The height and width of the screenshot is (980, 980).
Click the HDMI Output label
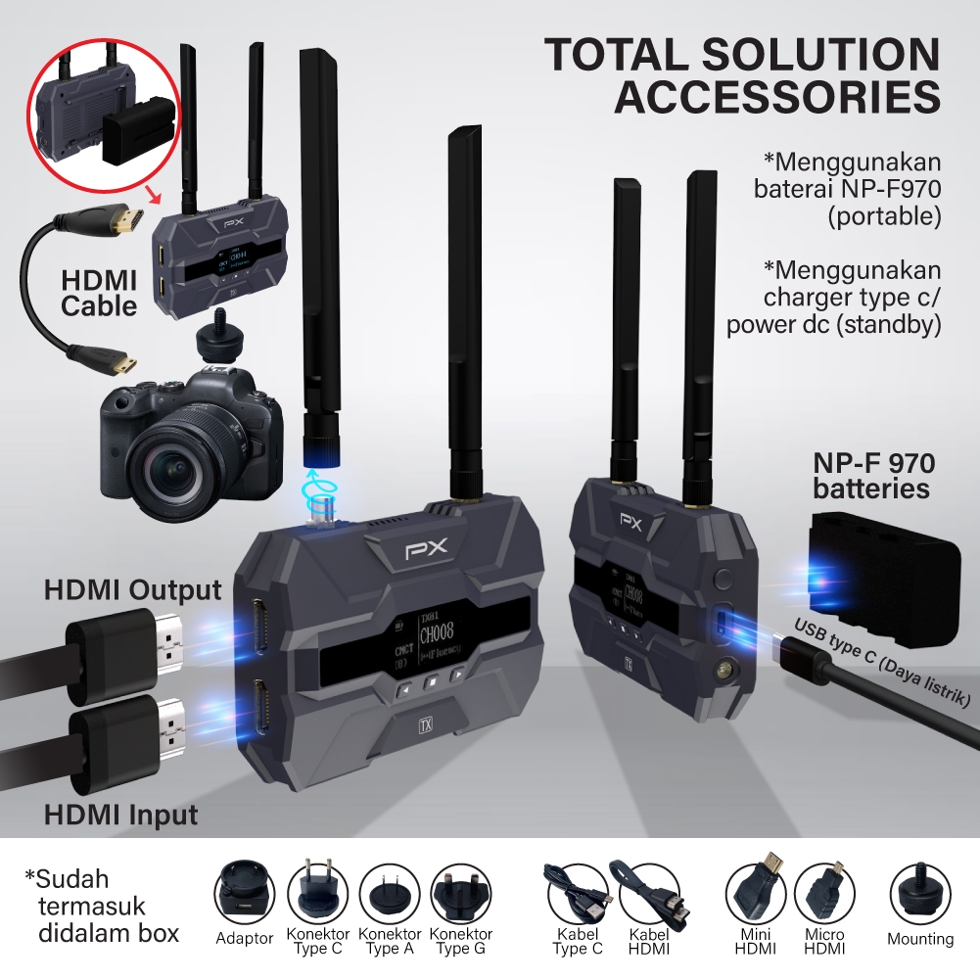pos(133,590)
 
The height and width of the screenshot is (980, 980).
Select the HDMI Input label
pos(121,815)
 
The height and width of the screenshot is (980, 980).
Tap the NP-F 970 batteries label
pos(870,475)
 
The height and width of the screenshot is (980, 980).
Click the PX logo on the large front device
pos(426,550)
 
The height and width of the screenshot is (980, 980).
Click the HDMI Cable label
pos(99,292)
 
